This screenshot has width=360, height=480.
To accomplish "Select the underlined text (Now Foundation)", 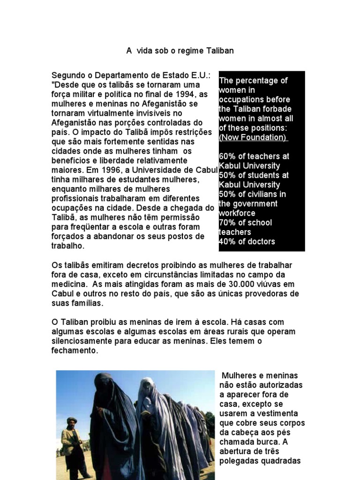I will [x=253, y=137].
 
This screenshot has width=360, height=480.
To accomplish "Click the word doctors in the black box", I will [x=260, y=242].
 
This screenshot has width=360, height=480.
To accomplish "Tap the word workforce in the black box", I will [x=237, y=213].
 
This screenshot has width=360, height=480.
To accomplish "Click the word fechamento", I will [x=75, y=351].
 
